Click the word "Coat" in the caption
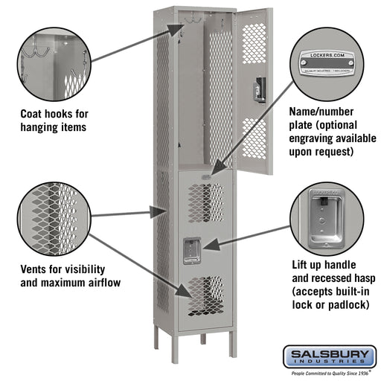point(35,114)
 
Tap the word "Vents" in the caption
point(36,269)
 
